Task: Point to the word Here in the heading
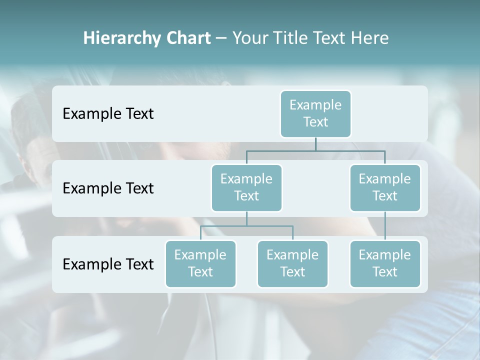[370, 38]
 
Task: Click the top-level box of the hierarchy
[315, 113]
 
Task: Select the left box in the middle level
[246, 187]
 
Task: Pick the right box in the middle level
[385, 187]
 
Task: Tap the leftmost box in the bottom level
[200, 263]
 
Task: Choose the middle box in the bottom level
[292, 263]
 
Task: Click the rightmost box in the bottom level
[385, 263]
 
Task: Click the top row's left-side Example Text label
[108, 114]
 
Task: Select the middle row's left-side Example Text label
[108, 188]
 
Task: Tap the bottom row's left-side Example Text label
[108, 264]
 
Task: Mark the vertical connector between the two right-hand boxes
[385, 226]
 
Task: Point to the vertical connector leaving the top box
[315, 144]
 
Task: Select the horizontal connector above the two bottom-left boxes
[246, 226]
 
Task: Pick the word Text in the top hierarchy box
[315, 122]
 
